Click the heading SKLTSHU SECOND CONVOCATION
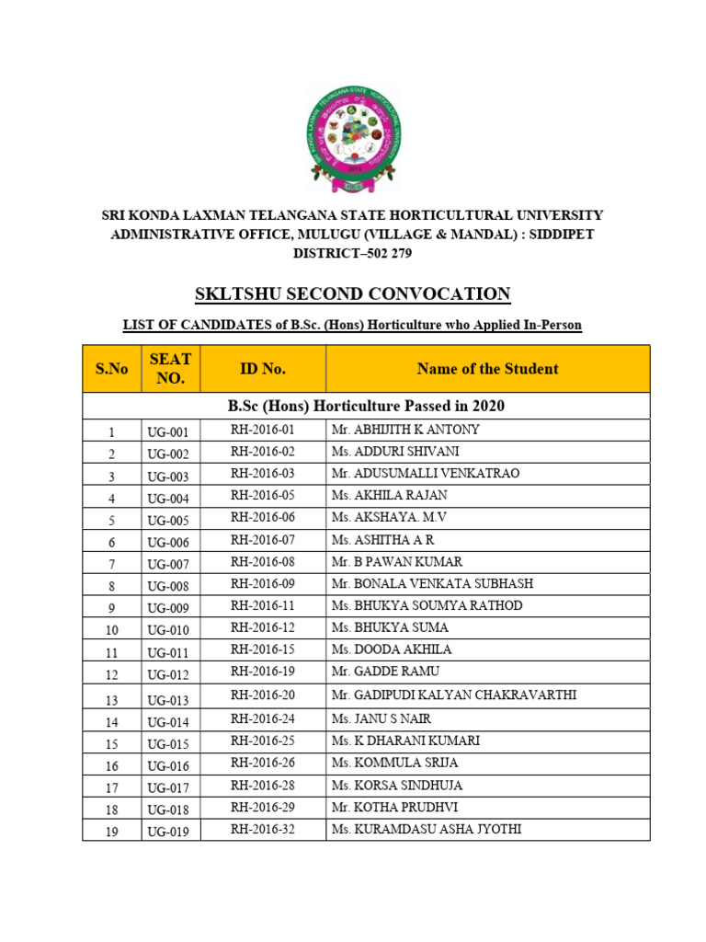(x=353, y=294)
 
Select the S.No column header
(x=111, y=369)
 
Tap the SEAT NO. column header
(x=170, y=369)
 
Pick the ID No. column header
(x=263, y=369)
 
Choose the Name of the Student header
(x=487, y=369)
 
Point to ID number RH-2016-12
(x=263, y=627)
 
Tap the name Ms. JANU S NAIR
(x=381, y=718)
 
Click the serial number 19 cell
(x=111, y=831)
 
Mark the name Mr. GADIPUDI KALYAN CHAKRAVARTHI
(x=453, y=695)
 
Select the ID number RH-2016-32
(x=263, y=829)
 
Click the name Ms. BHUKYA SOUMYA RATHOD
(x=427, y=605)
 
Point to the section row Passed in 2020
(x=366, y=406)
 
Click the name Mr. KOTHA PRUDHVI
(x=394, y=807)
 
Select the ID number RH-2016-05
(x=263, y=496)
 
